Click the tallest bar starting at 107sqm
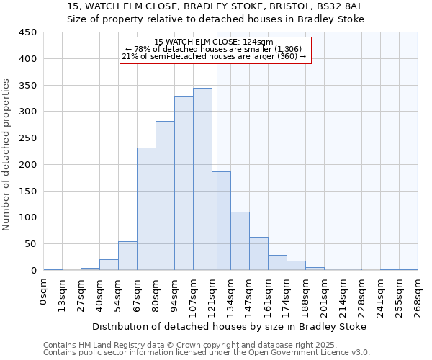pos(202,179)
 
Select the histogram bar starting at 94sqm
pos(184,184)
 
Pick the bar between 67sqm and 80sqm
pos(146,209)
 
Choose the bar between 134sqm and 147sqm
pos(240,241)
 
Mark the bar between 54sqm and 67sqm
pos(127,256)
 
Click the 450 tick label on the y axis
pos(28,32)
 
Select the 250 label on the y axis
pos(28,138)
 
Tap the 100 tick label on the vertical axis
pos(28,217)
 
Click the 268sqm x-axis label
pos(418,294)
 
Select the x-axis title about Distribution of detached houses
pos(229,326)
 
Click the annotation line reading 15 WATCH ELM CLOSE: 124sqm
pos(214,42)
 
